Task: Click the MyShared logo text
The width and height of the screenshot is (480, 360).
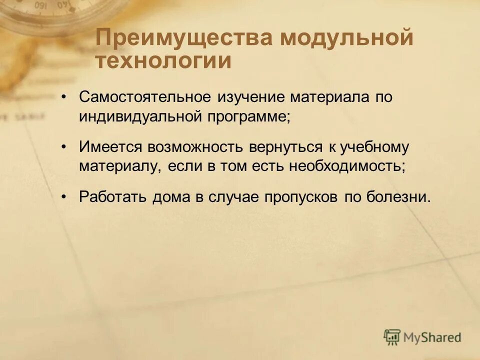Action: [432, 337]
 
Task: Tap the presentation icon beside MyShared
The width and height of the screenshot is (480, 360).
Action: [392, 336]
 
